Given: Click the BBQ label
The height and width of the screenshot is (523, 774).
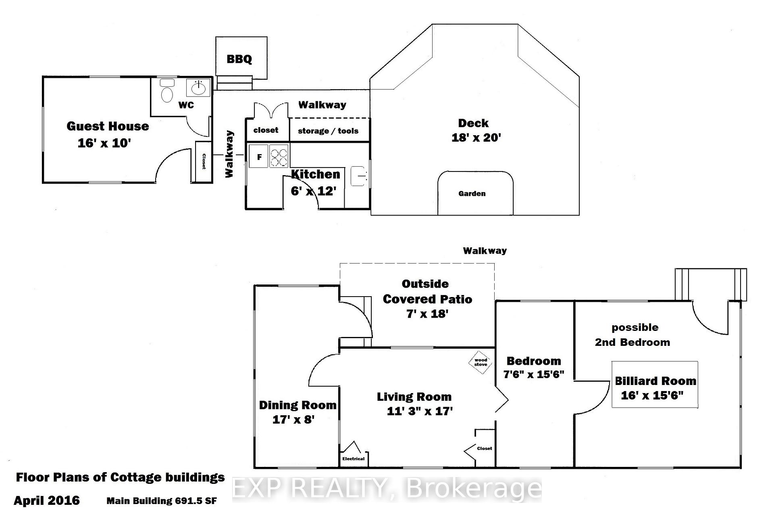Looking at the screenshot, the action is point(239,59).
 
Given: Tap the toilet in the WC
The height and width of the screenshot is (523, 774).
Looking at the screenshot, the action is point(167,91).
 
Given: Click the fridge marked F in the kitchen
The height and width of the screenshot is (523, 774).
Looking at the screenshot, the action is point(259,156).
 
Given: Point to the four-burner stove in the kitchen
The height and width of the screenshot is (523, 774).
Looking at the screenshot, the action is point(279,156).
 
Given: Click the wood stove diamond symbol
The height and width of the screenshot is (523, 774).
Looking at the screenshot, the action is point(481,362).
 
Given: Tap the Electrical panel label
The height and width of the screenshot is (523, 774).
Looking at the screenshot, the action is point(353,459).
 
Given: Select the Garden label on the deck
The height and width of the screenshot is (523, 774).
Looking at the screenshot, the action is point(472,194).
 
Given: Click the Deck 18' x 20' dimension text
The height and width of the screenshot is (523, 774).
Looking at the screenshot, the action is point(476,138).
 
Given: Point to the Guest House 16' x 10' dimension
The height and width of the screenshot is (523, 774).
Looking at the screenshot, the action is point(104,143).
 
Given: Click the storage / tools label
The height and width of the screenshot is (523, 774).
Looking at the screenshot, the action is point(328,131).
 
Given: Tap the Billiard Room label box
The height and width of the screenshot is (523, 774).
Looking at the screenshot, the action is point(655,384).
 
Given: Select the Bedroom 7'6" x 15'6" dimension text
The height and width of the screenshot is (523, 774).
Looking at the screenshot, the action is point(534,374).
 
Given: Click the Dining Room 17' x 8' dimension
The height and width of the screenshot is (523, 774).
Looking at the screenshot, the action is point(293,420).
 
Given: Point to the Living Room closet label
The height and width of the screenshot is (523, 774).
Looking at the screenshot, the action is point(484,448).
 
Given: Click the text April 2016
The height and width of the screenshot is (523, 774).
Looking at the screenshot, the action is point(47,501).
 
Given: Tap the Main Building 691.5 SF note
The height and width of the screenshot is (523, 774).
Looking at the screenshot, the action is point(162,501).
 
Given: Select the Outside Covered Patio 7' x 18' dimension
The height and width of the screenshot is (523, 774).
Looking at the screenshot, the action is point(427,314).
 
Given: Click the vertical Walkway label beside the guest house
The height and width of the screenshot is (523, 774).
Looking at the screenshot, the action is point(229,154).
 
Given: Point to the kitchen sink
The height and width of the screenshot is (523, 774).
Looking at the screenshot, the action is point(359,176).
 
